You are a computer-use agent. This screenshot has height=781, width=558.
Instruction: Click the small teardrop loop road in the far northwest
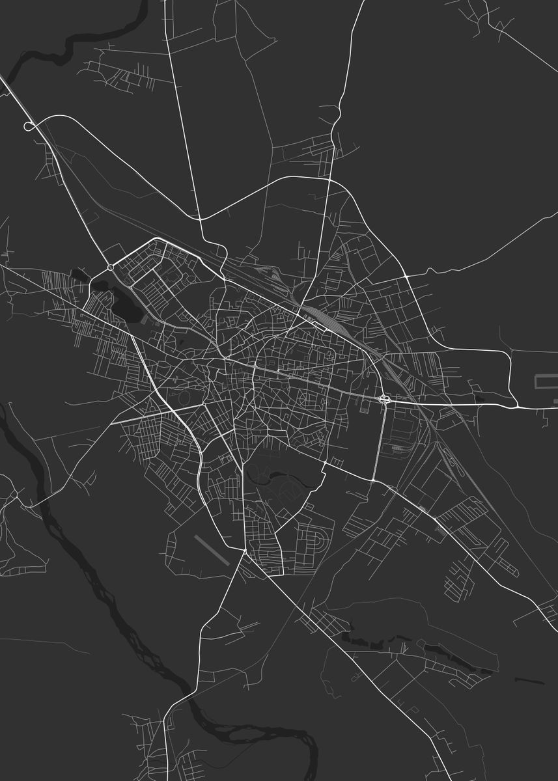[29, 126]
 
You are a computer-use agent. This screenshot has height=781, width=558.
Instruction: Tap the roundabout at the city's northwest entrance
[111, 267]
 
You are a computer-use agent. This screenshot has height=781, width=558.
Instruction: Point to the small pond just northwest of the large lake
[79, 274]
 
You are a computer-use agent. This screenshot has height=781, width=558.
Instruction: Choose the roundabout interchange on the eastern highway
[384, 398]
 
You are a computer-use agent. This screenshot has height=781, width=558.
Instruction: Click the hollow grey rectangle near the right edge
[546, 382]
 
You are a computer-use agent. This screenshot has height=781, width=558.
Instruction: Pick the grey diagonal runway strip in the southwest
[213, 549]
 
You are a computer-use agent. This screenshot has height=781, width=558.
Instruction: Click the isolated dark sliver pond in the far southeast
[529, 681]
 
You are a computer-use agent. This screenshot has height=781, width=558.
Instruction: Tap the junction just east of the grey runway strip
[244, 552]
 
